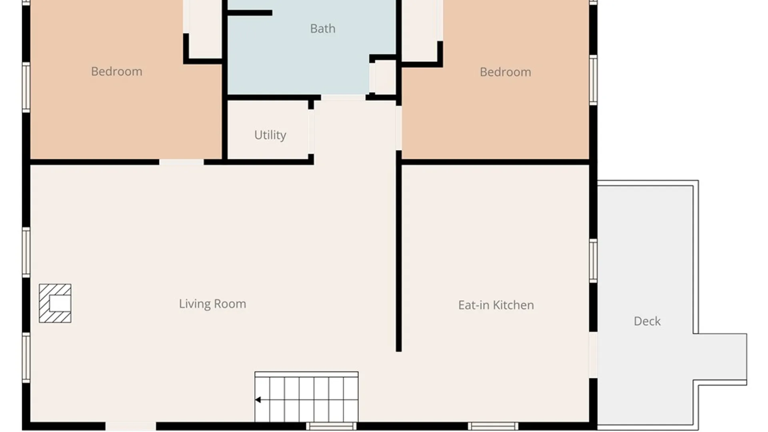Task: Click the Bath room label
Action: click(x=322, y=29)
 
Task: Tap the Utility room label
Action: click(x=270, y=135)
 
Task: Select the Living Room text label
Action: click(x=212, y=304)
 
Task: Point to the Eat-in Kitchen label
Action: click(x=496, y=305)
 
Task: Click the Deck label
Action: click(x=647, y=321)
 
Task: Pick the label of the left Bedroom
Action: click(x=116, y=72)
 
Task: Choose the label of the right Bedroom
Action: click(x=506, y=72)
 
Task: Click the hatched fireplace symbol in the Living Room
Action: click(x=55, y=303)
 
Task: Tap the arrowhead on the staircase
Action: click(x=258, y=400)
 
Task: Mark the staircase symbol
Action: click(x=306, y=397)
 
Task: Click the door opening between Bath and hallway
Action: click(x=343, y=98)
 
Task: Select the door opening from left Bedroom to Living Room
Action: click(x=181, y=162)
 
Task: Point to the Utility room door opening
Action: click(x=311, y=132)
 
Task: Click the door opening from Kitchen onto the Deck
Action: click(x=593, y=355)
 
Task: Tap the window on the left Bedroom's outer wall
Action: click(x=26, y=87)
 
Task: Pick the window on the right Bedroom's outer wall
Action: click(x=593, y=80)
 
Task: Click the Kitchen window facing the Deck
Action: click(x=593, y=261)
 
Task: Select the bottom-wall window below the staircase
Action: click(x=331, y=426)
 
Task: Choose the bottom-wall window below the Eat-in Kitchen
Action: click(x=493, y=426)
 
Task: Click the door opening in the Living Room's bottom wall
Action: click(x=131, y=426)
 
